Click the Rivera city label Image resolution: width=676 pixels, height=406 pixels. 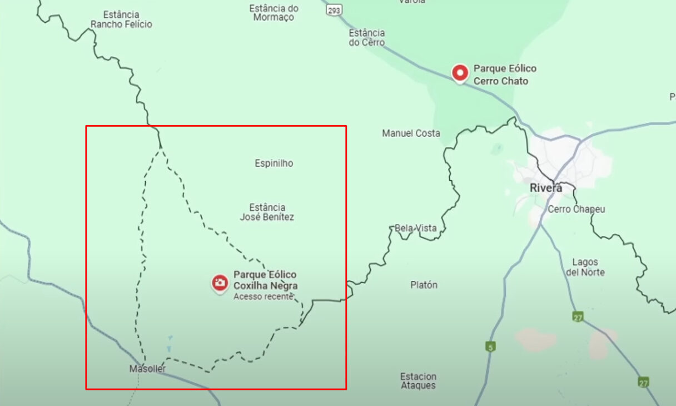point(545,188)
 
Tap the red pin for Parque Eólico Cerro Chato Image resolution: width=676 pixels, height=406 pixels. point(460,73)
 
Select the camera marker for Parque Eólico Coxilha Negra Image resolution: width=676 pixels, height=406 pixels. point(220,283)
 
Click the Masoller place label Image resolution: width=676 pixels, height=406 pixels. point(147,369)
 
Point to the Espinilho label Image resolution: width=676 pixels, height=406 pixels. point(274,164)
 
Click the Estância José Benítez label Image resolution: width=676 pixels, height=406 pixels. point(267,212)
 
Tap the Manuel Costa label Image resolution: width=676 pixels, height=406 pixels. point(411,133)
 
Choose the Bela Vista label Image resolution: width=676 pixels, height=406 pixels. point(415,228)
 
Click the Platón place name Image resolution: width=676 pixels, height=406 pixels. point(424,285)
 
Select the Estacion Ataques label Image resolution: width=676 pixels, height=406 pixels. point(418,381)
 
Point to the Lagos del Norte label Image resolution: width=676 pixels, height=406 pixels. point(585,267)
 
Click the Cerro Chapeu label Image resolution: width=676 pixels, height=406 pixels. point(576,210)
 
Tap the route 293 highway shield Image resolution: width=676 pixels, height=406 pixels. point(334,10)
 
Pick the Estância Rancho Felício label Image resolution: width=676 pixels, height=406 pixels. point(121,19)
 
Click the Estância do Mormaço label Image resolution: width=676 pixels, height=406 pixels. point(274,13)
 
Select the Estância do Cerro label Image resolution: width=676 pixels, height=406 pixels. point(366,38)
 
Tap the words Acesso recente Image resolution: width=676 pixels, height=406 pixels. point(262,297)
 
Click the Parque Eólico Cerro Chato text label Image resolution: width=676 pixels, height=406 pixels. point(505,75)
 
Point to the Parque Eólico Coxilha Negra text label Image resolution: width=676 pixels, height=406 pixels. point(265,280)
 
